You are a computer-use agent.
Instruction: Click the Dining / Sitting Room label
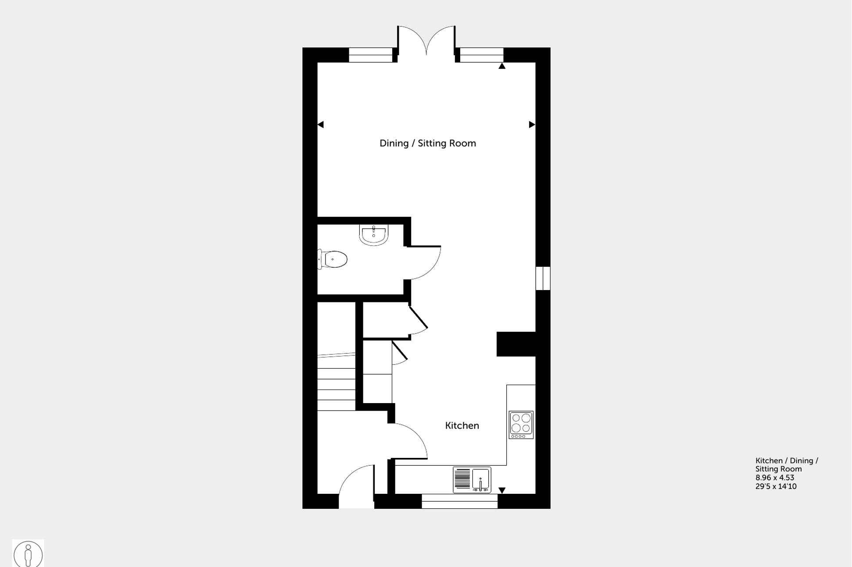(x=427, y=143)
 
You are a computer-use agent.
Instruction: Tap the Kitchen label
(x=462, y=425)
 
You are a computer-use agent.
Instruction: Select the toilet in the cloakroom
(x=333, y=259)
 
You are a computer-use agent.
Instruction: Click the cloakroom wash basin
(x=373, y=234)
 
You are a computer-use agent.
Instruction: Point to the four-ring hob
(x=521, y=424)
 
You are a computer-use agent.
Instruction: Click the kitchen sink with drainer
(x=472, y=480)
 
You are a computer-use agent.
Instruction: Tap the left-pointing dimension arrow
(x=321, y=125)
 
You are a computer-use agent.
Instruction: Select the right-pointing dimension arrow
(x=532, y=125)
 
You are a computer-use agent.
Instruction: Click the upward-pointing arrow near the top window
(x=502, y=66)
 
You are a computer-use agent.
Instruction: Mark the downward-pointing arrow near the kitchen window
(x=502, y=490)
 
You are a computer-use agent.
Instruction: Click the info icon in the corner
(x=28, y=554)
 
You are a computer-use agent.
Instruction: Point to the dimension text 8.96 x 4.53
(x=774, y=478)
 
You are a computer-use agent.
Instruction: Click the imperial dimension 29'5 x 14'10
(x=776, y=486)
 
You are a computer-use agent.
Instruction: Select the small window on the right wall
(x=543, y=278)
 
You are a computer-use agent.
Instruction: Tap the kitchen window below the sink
(x=459, y=501)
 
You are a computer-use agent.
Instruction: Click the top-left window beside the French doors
(x=370, y=55)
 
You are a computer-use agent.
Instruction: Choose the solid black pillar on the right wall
(x=516, y=344)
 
